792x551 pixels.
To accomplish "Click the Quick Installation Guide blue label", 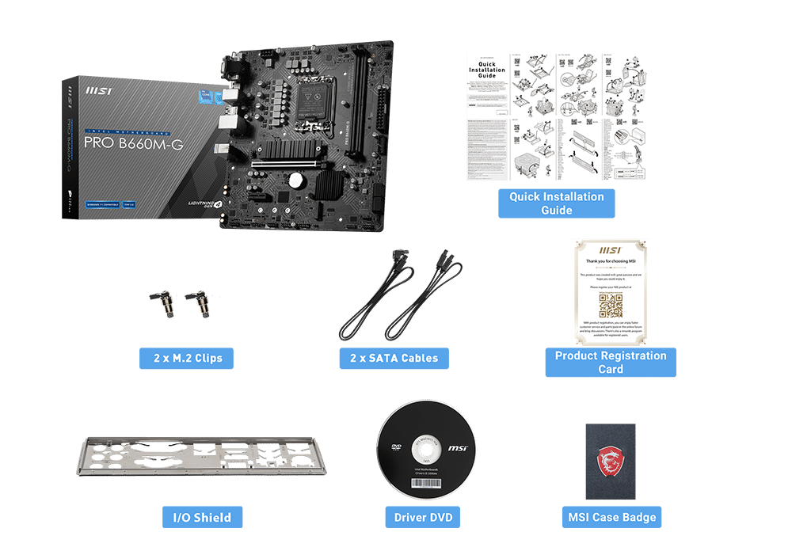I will (x=556, y=203).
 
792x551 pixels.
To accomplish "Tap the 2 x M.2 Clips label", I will (x=187, y=358).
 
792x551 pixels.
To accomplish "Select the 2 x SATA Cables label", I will (x=394, y=358).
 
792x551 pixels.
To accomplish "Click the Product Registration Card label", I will (x=610, y=362).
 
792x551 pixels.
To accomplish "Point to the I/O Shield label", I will (x=202, y=518).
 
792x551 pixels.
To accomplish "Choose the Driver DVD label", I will (x=423, y=518).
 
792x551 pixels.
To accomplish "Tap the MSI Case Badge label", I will (x=611, y=518).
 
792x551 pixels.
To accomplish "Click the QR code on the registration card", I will (x=611, y=305).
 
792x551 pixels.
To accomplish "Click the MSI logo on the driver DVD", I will (x=457, y=449).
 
